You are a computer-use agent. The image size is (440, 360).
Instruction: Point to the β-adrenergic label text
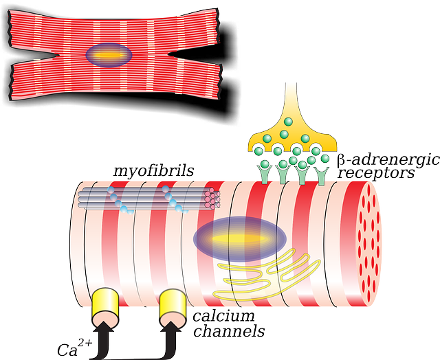tap(387, 161)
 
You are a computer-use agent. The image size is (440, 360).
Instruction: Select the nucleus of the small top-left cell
tap(107, 55)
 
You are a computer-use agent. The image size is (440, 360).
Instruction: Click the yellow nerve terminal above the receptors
tap(291, 131)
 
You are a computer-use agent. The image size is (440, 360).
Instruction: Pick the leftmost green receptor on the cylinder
tap(264, 172)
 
